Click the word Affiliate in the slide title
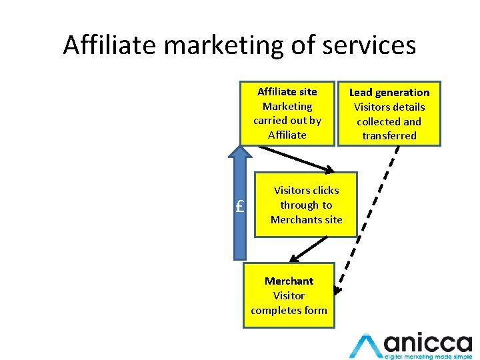click(x=110, y=45)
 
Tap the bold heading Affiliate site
click(x=287, y=91)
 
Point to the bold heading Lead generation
click(x=389, y=92)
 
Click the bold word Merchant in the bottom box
click(x=289, y=281)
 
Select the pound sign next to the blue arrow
click(x=241, y=206)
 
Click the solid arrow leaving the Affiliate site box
click(x=293, y=157)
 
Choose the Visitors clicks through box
click(x=307, y=205)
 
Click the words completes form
click(x=289, y=310)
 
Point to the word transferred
click(x=389, y=136)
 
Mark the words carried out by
click(x=287, y=121)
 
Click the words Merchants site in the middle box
click(x=307, y=220)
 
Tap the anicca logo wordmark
click(x=427, y=343)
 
